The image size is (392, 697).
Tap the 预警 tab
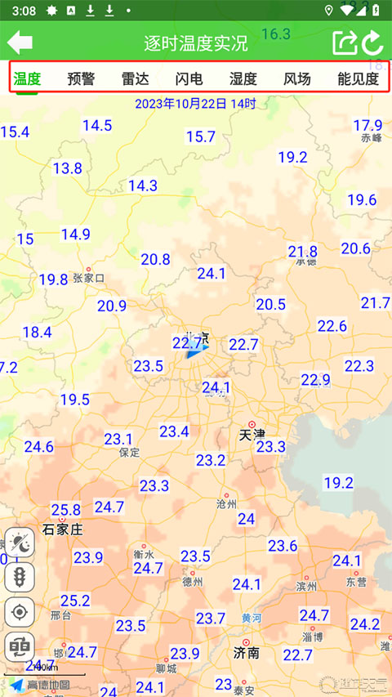tap(81, 79)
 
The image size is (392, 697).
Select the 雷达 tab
tap(135, 79)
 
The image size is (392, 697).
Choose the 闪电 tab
tap(189, 79)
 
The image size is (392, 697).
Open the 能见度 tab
tap(358, 79)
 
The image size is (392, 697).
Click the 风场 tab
tap(297, 79)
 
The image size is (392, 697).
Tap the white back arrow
tap(20, 42)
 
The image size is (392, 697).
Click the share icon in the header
tap(345, 42)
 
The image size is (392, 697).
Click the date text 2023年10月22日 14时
tap(195, 104)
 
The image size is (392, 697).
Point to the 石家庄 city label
tap(63, 529)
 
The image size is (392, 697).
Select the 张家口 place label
tap(89, 278)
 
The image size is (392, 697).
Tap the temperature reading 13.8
tap(67, 168)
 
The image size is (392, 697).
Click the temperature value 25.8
tap(66, 510)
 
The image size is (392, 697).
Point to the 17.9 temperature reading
tap(367, 125)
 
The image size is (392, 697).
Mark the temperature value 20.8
tap(155, 259)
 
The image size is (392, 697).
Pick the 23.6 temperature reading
tap(283, 545)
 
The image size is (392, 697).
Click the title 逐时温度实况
tap(196, 43)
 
